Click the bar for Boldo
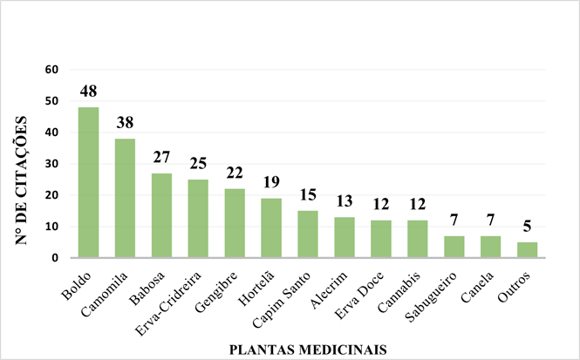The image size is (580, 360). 88,182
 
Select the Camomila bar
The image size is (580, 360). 125,198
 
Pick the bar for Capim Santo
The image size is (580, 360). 308,234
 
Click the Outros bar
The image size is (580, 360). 527,250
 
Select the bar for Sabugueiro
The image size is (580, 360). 454,247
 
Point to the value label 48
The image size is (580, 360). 88,92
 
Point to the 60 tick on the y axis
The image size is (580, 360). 51,70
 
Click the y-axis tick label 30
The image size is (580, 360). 51,164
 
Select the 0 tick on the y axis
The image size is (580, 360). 54,258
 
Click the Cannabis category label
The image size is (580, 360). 400,287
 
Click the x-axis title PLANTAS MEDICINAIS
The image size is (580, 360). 308,349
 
